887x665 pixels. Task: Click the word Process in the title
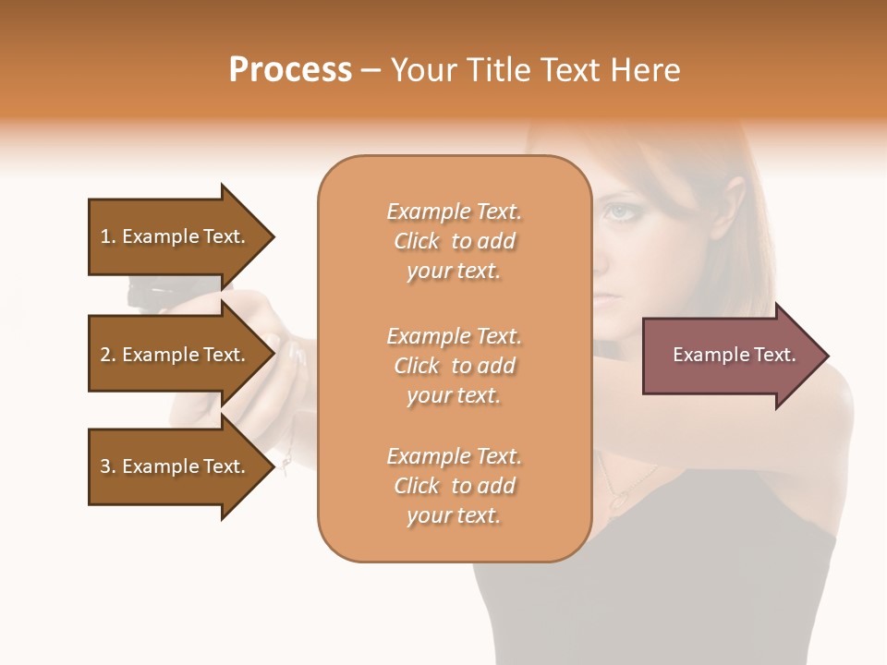[290, 70]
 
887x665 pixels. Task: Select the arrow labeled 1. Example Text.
[176, 236]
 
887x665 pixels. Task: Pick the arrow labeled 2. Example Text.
[176, 355]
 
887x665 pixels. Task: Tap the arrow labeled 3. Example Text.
[176, 466]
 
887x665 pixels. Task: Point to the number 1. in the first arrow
[108, 236]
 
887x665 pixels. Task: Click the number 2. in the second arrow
[108, 355]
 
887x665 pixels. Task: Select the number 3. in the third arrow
[108, 466]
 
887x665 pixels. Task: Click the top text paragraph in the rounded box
[454, 241]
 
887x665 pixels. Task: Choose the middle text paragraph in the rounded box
[454, 366]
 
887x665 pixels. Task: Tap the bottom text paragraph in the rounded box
[454, 486]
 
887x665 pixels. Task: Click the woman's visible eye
[618, 212]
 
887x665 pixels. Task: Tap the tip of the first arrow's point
[273, 236]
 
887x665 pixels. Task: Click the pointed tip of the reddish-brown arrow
[827, 356]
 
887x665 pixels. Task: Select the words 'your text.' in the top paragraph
[454, 271]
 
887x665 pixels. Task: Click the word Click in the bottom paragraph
[417, 486]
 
